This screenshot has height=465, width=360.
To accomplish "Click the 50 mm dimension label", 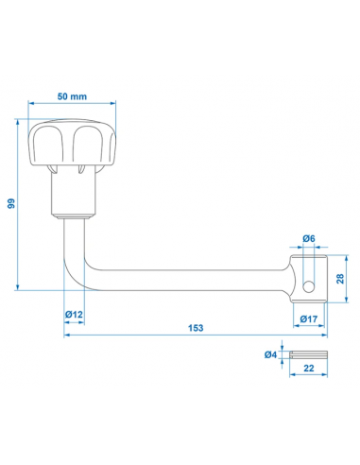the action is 72,96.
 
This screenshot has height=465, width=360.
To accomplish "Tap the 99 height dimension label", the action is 11,203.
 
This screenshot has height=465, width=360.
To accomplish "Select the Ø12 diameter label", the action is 74,315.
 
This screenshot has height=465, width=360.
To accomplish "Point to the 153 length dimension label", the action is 196,328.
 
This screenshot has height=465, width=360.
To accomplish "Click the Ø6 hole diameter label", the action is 309,239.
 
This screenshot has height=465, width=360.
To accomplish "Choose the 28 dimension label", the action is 340,279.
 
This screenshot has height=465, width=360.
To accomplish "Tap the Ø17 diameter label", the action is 309,319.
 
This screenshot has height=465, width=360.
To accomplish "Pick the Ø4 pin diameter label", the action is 270,354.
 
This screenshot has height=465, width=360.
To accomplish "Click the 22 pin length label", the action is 309,368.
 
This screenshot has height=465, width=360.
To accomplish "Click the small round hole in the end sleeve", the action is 309,286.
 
